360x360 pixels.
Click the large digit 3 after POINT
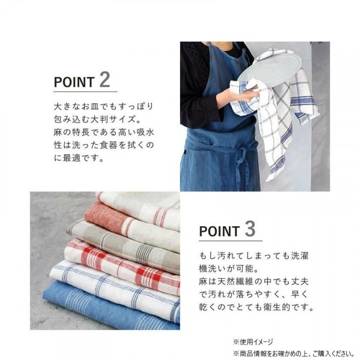[250, 228]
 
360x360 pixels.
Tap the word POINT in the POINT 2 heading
[74, 82]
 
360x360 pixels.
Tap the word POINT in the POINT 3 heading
[219, 231]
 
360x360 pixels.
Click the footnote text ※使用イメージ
[253, 342]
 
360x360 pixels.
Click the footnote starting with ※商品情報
[294, 353]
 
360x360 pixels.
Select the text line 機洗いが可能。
[229, 268]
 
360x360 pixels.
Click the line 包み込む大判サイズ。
[98, 119]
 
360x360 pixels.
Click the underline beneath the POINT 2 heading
[85, 92]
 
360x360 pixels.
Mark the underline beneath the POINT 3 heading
[230, 241]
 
